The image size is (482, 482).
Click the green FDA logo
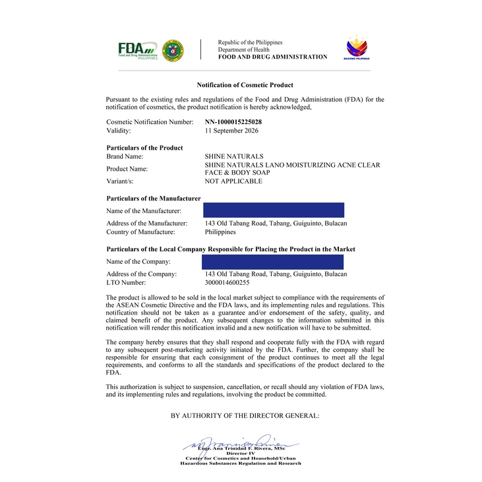coord(137,49)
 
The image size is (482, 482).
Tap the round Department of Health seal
coord(173,49)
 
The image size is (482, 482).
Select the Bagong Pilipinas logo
coord(357,49)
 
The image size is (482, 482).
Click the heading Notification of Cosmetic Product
coord(245,85)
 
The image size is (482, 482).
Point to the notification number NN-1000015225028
coord(233,122)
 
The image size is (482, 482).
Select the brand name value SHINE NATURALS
coord(229,156)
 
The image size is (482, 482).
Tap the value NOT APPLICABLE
coord(233,181)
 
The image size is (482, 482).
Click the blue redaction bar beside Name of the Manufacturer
coord(274,210)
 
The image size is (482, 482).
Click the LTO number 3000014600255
coord(227,282)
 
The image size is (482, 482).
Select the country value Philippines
coord(220,231)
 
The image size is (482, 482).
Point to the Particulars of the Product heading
coord(144,148)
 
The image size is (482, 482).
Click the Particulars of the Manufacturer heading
coord(153,198)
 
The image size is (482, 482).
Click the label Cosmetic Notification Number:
coord(150,122)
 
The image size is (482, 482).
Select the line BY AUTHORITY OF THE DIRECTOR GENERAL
coord(245,415)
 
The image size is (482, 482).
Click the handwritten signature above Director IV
coord(241,443)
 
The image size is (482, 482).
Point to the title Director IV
coord(241,454)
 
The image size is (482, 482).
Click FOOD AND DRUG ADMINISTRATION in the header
coord(272,57)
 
